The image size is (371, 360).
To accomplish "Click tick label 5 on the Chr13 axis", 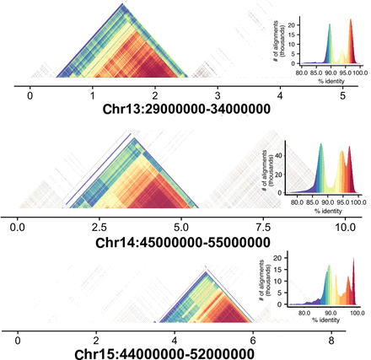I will coord(342,98).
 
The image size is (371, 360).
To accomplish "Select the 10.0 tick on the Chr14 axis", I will coord(342,226).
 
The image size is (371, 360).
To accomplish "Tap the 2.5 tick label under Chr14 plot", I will coord(97,226).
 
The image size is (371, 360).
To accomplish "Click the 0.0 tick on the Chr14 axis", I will coord(16,226).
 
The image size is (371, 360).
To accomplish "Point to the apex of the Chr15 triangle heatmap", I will coord(206,269).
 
